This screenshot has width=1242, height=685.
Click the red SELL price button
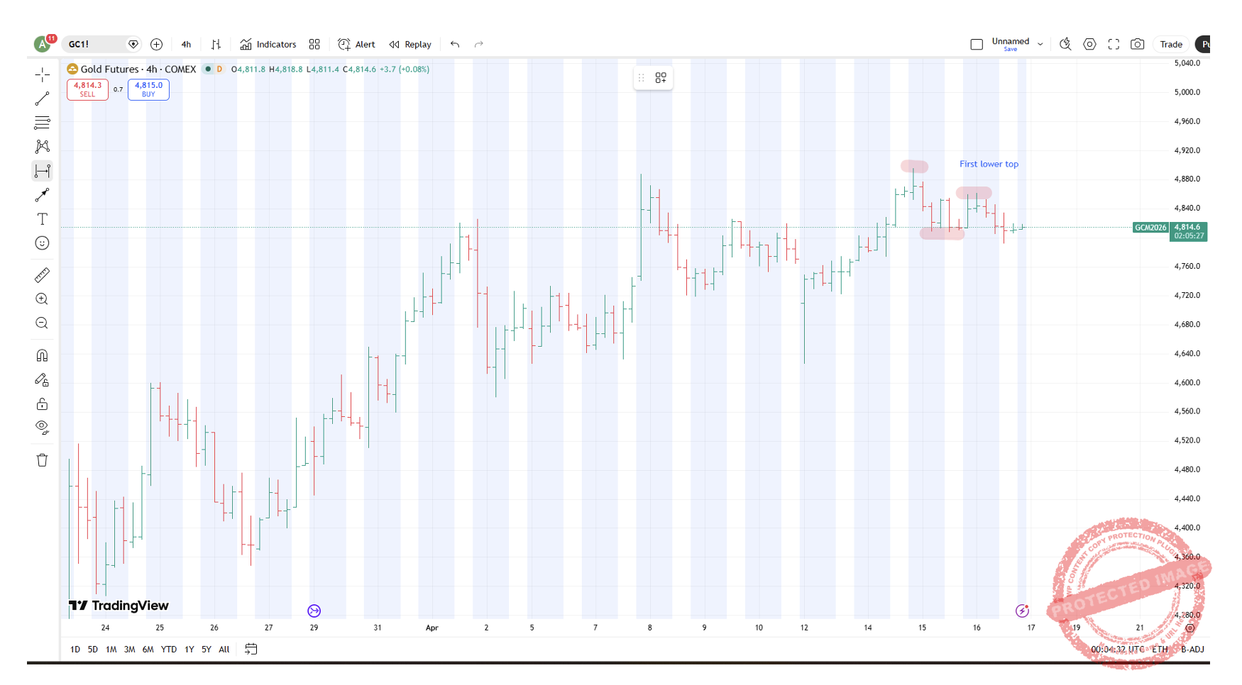[87, 89]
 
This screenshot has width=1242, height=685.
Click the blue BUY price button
[148, 89]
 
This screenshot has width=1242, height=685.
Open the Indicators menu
[268, 44]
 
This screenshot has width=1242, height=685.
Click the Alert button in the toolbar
[357, 44]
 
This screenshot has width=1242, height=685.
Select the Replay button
[410, 44]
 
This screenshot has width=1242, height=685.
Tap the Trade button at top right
[1170, 44]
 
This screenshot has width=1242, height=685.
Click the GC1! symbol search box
[96, 44]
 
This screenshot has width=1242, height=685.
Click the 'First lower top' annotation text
[989, 164]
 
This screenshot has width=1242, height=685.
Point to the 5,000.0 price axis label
[1187, 92]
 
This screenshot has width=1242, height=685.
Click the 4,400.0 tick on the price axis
[1187, 528]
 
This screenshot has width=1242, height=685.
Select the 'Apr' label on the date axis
[432, 628]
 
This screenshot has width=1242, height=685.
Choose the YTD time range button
[168, 649]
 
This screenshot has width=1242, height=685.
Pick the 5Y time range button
[206, 649]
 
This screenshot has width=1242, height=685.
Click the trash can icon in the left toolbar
[43, 460]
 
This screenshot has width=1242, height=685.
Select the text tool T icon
[43, 219]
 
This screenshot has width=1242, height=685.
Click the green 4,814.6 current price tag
[1187, 228]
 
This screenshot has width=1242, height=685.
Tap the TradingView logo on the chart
[119, 606]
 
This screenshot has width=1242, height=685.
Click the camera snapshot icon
[1137, 44]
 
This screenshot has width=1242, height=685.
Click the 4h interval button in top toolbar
[186, 44]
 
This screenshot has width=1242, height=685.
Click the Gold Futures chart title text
[138, 69]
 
